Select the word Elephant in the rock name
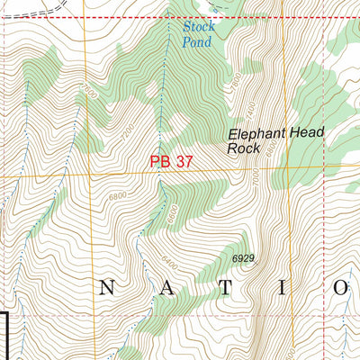pos(255,133)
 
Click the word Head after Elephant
pos(306,132)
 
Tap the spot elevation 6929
pos(244,258)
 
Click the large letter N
pos(107,288)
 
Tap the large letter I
pos(283,288)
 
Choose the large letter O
pos(341,288)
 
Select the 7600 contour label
pos(88,93)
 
